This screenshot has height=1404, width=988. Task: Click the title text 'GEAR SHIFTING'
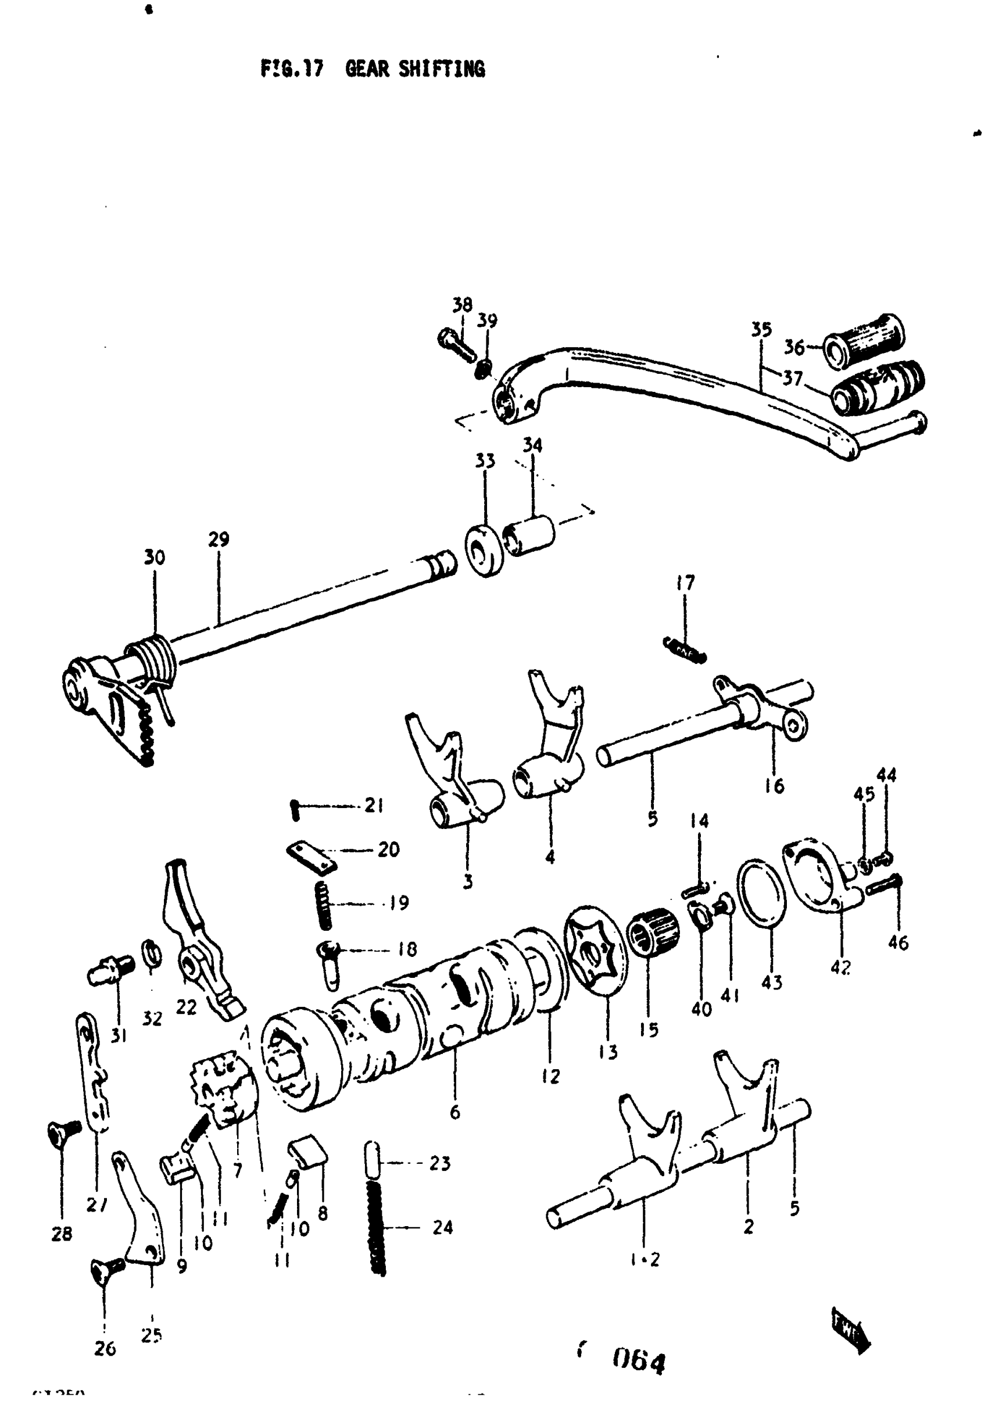click(414, 69)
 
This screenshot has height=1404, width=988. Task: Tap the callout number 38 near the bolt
click(462, 305)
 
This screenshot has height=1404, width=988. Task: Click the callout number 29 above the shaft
click(219, 540)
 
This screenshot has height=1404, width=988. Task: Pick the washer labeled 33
click(485, 550)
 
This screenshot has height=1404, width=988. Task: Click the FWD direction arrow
click(850, 1329)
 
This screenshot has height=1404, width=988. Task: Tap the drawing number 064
click(638, 1361)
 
